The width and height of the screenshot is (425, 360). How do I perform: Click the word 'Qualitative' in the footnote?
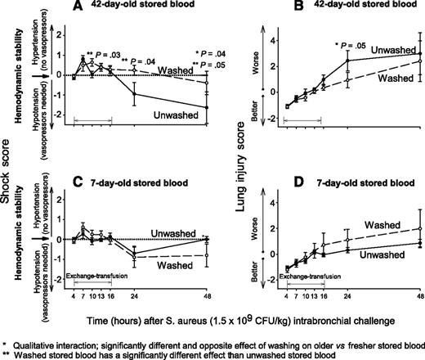click(44, 335)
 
